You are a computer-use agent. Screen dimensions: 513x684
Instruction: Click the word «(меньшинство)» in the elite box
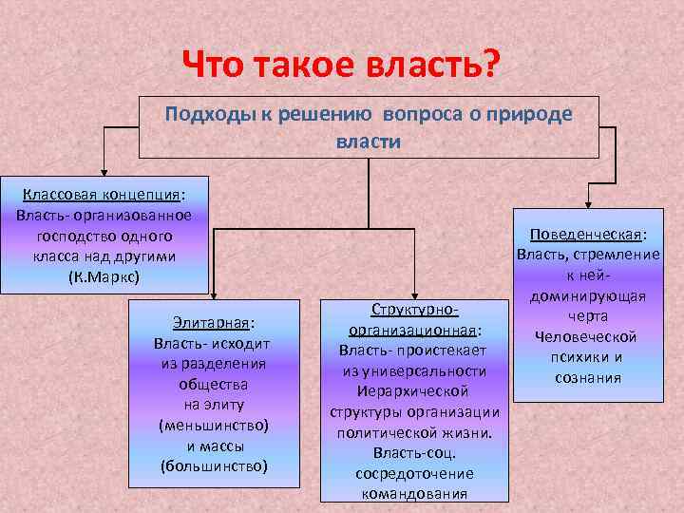[214, 426]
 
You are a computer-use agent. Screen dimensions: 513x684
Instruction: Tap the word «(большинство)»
[214, 465]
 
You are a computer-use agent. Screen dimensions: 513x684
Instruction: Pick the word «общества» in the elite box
[214, 384]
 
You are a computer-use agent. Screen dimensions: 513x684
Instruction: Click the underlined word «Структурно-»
[414, 310]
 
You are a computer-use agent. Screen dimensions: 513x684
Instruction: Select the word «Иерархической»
[414, 390]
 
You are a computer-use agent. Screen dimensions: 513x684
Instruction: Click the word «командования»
[414, 493]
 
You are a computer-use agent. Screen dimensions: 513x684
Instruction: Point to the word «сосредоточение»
[414, 473]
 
